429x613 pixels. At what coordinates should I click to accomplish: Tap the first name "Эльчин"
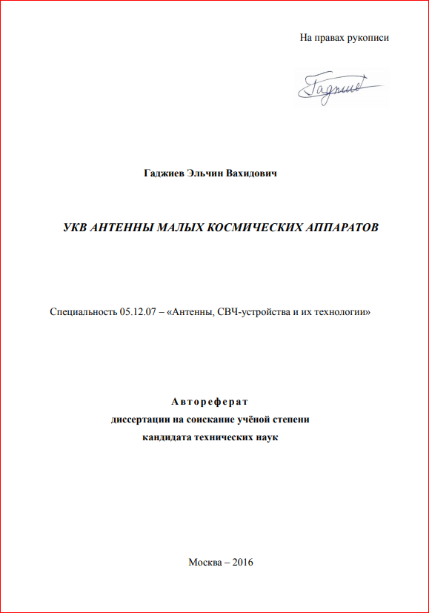point(211,173)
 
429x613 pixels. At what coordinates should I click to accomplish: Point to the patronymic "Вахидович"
point(256,173)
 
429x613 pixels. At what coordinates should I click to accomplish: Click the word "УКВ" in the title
point(76,228)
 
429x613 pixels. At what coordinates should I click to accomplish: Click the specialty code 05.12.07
point(137,313)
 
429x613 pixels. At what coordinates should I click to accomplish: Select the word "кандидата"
point(167,437)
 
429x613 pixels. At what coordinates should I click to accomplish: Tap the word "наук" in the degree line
point(265,437)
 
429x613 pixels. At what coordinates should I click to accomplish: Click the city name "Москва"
point(204,563)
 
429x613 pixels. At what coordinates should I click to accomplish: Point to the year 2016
point(243,563)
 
